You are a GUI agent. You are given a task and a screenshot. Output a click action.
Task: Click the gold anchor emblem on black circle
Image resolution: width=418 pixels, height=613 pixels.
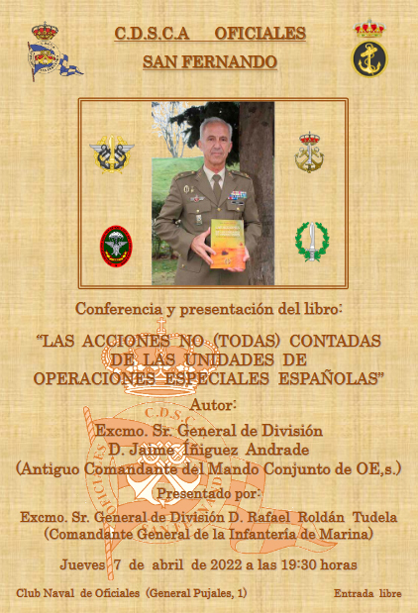tap(369, 58)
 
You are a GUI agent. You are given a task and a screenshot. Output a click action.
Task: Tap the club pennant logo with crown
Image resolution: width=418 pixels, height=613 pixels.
tap(53, 52)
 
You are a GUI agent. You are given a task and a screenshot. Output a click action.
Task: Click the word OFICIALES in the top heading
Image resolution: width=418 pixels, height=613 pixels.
tap(261, 34)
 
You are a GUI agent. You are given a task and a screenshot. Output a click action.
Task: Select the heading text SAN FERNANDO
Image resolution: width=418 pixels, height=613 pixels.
tap(210, 61)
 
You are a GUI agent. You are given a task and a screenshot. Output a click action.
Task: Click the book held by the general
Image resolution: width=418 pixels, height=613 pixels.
tap(228, 244)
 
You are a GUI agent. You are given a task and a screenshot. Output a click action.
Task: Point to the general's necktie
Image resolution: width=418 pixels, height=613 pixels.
tap(216, 186)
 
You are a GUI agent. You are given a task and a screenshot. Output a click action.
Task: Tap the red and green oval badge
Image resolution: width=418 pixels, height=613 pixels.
tap(116, 247)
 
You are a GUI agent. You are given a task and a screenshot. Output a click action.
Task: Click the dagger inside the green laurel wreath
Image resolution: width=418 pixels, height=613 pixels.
tap(312, 242)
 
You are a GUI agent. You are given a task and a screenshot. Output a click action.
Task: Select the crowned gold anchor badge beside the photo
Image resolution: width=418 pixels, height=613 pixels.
tap(309, 153)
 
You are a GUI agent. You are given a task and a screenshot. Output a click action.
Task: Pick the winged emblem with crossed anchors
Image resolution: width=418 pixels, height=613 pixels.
tap(112, 154)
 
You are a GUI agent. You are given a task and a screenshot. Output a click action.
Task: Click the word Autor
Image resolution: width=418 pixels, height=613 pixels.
tap(213, 405)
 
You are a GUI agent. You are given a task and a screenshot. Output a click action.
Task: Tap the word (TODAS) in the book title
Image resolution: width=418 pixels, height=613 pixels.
tap(247, 341)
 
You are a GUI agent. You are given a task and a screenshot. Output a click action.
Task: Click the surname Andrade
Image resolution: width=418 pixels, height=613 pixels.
tap(277, 450)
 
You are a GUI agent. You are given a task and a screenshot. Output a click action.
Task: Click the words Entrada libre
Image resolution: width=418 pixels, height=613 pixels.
tap(367, 593)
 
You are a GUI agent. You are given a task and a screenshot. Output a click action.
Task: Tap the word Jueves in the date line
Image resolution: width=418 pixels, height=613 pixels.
tap(82, 564)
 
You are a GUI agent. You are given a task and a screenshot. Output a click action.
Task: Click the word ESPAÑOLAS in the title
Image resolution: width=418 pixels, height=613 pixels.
tap(331, 378)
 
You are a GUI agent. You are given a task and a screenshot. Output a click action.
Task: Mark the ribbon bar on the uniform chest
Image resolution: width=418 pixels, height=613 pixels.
tap(238, 194)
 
